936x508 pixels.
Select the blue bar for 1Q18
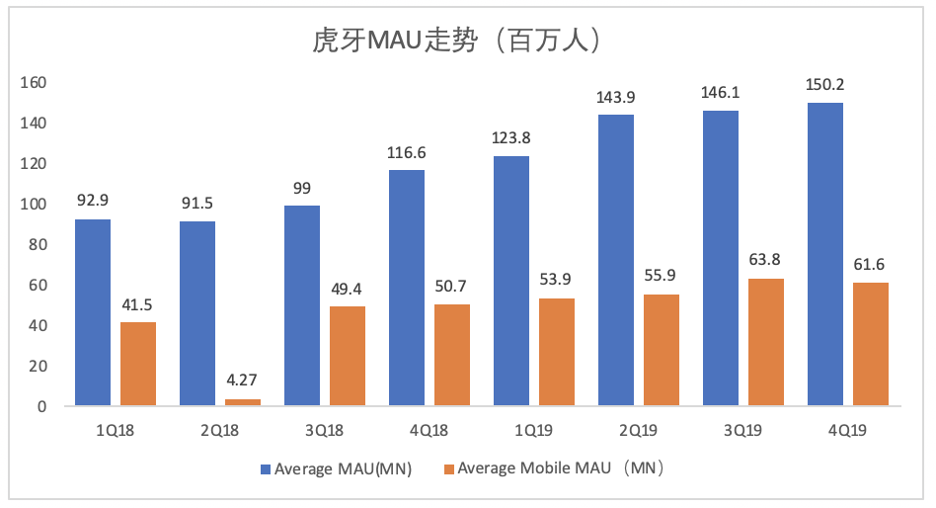coord(93,312)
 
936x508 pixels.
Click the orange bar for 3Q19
coord(766,342)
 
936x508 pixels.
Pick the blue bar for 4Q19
coord(825,254)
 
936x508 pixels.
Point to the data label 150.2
coord(825,84)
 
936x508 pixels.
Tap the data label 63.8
coord(766,261)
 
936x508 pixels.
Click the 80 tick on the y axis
coord(38,244)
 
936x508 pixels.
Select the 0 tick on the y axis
coord(41,406)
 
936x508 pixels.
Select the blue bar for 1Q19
coord(511,281)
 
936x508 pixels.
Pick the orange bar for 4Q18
coord(452,355)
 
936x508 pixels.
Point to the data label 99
coord(301,188)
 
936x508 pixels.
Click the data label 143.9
coord(615,97)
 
